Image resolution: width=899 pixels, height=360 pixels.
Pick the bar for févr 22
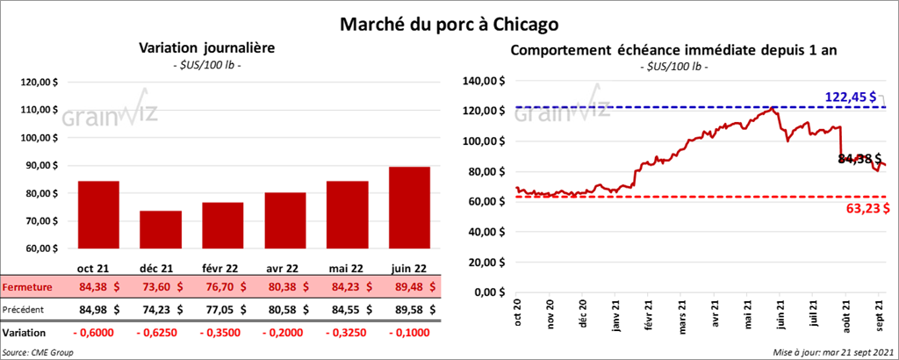[222, 227]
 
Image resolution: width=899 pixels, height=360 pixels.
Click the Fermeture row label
[27, 287]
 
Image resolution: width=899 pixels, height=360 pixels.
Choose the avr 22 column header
[284, 268]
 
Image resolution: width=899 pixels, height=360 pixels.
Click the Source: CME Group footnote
[39, 351]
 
